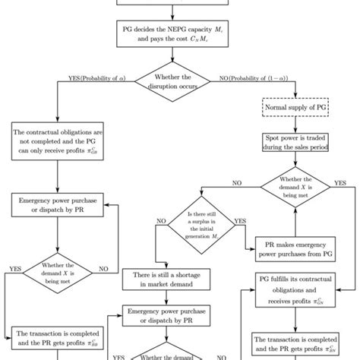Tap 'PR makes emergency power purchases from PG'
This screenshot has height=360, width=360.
(293, 248)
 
